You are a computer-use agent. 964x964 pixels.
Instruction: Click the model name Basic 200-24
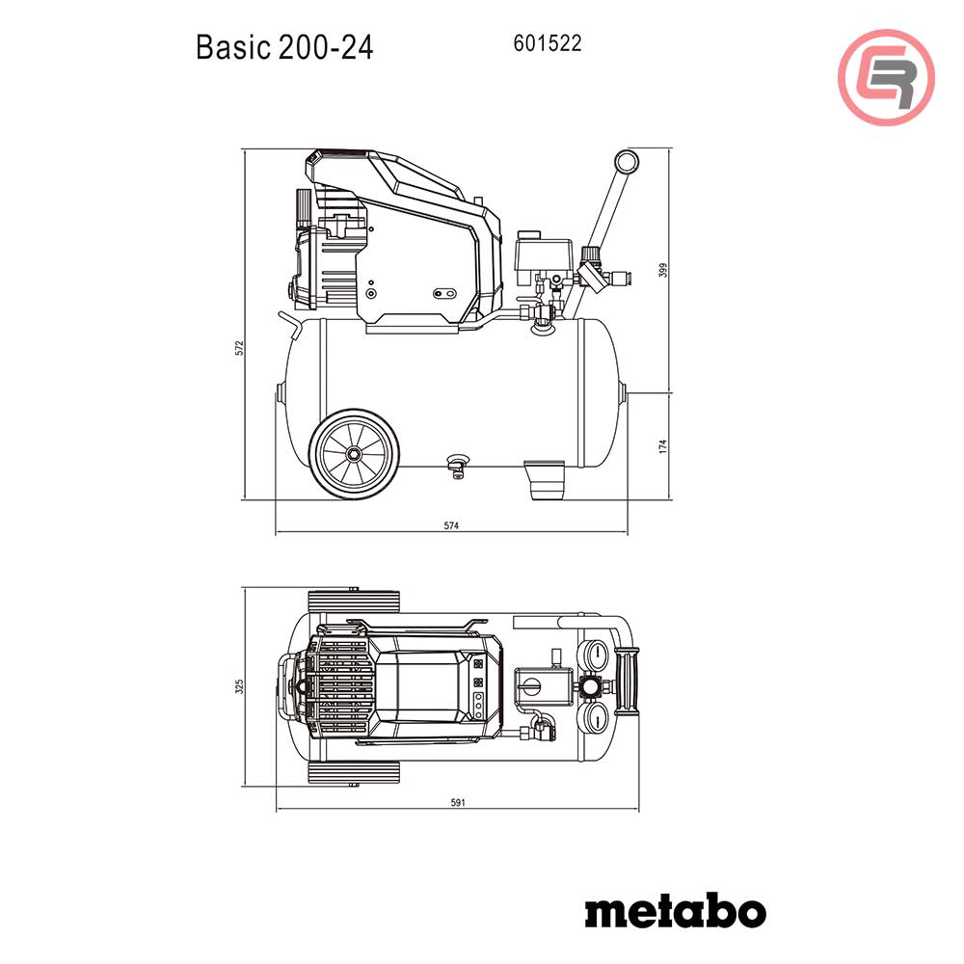pyautogui.click(x=284, y=46)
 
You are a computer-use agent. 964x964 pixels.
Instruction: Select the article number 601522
pyautogui.click(x=549, y=43)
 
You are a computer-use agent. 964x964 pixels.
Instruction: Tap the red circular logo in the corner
pyautogui.click(x=887, y=77)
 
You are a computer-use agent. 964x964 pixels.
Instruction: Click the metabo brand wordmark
pyautogui.click(x=675, y=910)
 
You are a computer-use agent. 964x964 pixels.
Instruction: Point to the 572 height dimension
pyautogui.click(x=238, y=348)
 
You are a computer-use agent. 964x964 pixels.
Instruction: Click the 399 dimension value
pyautogui.click(x=661, y=271)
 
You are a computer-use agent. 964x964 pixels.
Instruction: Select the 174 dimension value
pyautogui.click(x=661, y=446)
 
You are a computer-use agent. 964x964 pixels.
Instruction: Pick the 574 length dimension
pyautogui.click(x=450, y=526)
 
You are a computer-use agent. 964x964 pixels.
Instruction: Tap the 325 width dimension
pyautogui.click(x=238, y=686)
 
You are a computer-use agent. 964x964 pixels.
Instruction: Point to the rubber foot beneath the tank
pyautogui.click(x=546, y=480)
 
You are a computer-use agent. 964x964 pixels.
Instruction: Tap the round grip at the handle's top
pyautogui.click(x=627, y=162)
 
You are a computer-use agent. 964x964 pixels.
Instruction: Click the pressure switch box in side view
pyautogui.click(x=541, y=254)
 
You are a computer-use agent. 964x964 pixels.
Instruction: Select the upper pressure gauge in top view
pyautogui.click(x=596, y=657)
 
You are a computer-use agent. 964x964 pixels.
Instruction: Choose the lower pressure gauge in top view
pyautogui.click(x=596, y=718)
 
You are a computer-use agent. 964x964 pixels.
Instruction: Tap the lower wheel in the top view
pyautogui.click(x=354, y=773)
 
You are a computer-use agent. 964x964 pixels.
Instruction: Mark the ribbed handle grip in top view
pyautogui.click(x=632, y=686)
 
